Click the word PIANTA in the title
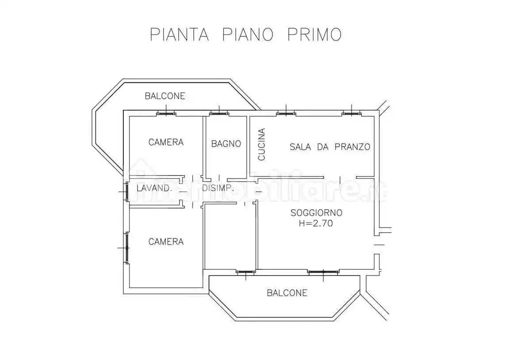(179, 34)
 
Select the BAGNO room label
(226, 144)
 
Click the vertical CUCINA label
(261, 144)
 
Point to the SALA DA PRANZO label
(329, 147)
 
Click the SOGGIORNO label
(316, 213)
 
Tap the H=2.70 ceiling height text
(316, 223)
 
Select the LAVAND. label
(154, 188)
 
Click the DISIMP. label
(218, 188)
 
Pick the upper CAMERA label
(166, 142)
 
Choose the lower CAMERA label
(166, 241)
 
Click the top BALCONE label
(165, 96)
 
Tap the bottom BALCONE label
(287, 293)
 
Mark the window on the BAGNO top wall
(219, 113)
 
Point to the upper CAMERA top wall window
(166, 113)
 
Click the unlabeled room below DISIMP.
(230, 237)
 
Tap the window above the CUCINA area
(286, 113)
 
